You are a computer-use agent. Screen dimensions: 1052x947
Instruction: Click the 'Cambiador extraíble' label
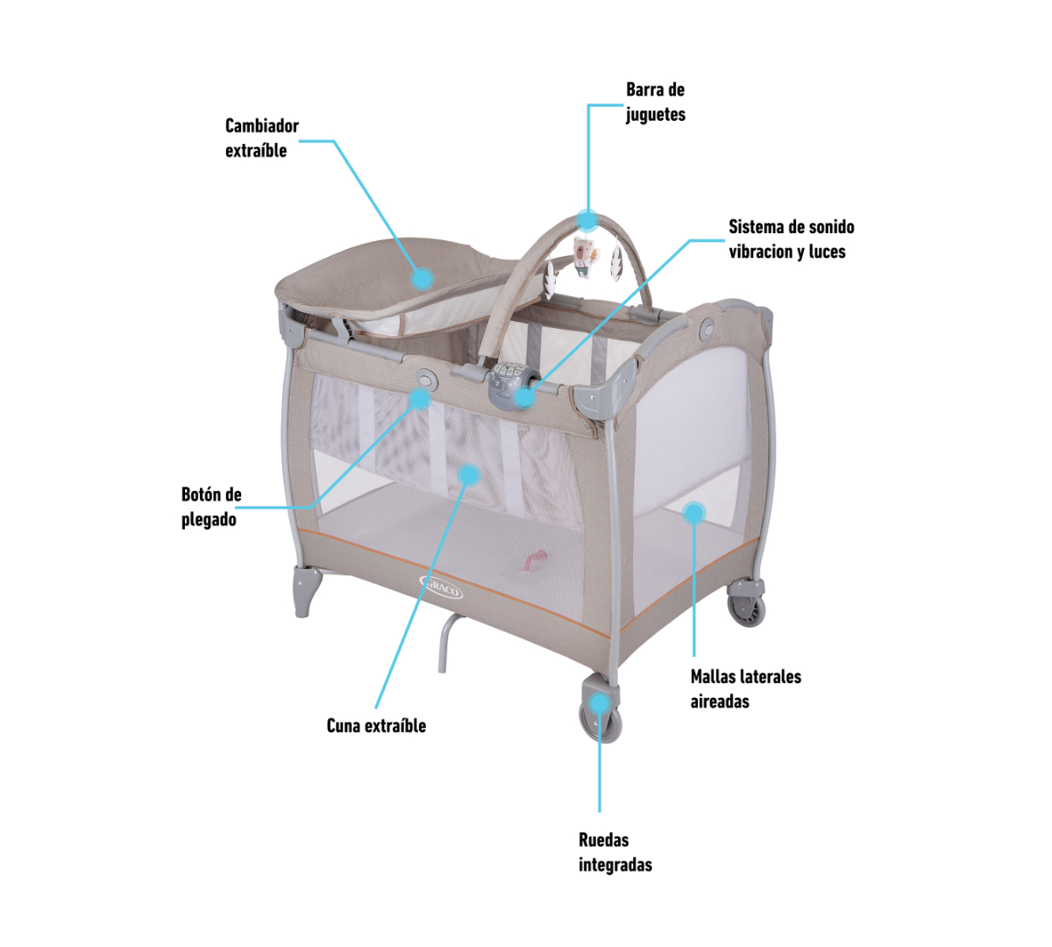click(x=262, y=138)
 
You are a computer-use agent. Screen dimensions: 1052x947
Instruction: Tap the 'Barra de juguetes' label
click(x=656, y=102)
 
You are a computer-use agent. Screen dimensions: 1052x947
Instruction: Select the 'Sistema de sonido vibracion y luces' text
click(x=792, y=239)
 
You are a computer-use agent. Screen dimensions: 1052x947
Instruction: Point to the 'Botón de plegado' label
click(x=211, y=507)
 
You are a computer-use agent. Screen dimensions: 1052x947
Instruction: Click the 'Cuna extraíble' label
click(x=376, y=726)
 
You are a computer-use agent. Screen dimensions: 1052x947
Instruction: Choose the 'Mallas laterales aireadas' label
click(x=746, y=689)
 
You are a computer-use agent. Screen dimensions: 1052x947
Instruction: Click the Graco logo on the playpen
click(x=441, y=586)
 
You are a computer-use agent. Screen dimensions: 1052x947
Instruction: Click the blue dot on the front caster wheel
click(x=599, y=703)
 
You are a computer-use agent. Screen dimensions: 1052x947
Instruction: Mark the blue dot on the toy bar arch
click(x=588, y=220)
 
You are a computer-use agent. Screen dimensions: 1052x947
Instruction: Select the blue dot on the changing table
click(x=423, y=278)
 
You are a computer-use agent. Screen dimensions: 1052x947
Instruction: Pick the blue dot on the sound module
click(x=524, y=397)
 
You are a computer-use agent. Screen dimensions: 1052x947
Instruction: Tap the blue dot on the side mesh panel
click(x=693, y=513)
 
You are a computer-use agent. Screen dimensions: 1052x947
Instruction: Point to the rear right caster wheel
click(x=746, y=603)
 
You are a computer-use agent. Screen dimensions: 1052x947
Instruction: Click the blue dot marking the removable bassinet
click(x=469, y=474)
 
